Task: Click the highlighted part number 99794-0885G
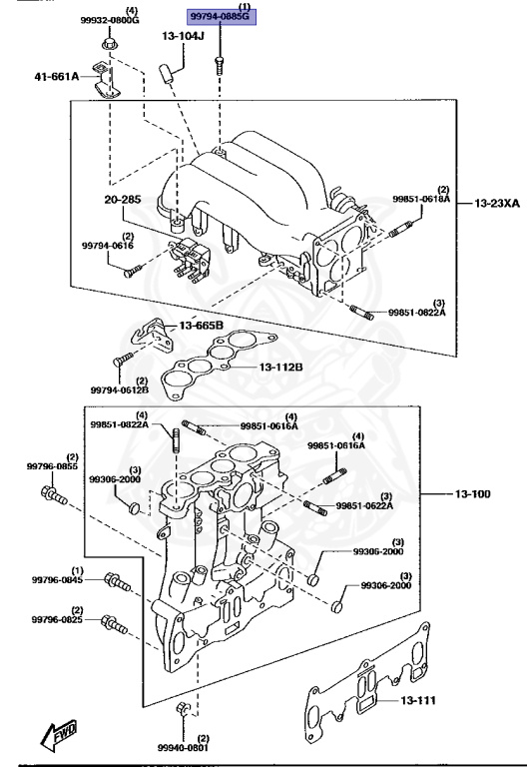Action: tap(217, 17)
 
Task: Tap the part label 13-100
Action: tap(483, 494)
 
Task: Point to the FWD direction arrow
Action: tap(58, 736)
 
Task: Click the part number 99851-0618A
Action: tap(420, 200)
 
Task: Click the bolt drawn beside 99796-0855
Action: tap(53, 493)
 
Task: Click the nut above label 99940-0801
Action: tap(182, 711)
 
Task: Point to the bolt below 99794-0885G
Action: tap(218, 65)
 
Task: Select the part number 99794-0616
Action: tap(107, 245)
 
